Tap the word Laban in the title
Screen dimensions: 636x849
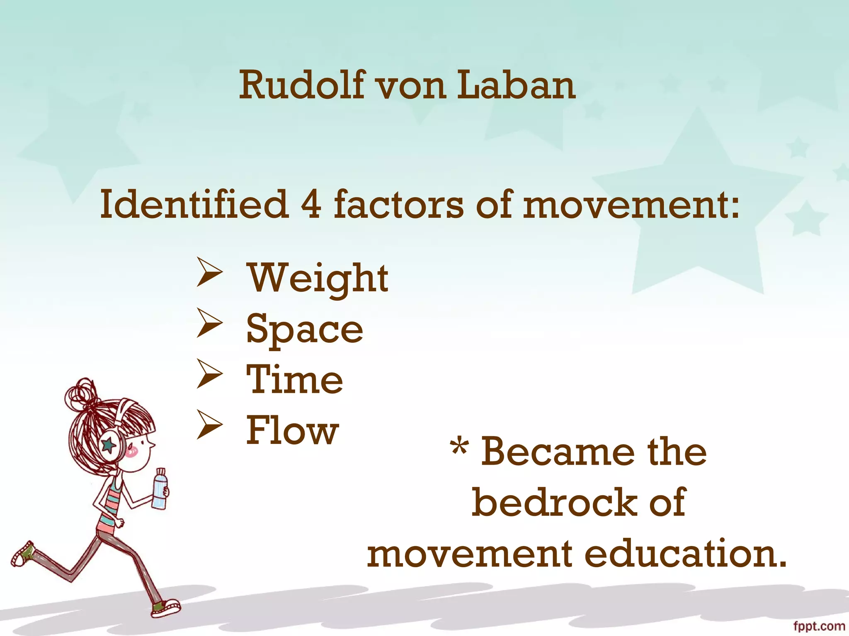click(x=516, y=85)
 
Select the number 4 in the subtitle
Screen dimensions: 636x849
click(x=311, y=204)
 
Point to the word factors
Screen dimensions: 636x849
click(x=398, y=204)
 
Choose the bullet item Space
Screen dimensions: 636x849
click(x=305, y=329)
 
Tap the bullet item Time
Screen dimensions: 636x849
click(x=295, y=379)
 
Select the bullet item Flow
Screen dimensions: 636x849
click(x=293, y=431)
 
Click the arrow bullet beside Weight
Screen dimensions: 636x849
click(x=209, y=272)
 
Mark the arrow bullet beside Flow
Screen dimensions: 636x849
click(x=209, y=424)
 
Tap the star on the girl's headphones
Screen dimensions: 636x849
click(x=109, y=445)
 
